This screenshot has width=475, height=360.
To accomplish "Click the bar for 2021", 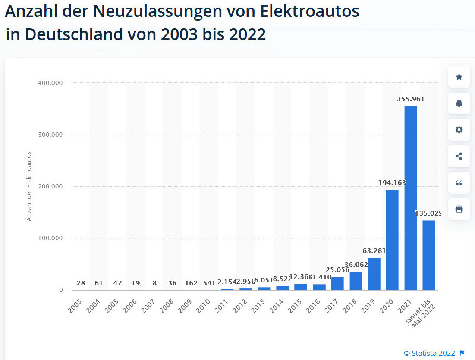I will point(410,198).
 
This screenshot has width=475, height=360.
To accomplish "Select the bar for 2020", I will point(392,240).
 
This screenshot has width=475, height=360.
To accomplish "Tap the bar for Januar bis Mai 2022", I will point(429,255).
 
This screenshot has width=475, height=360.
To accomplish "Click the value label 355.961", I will point(410,99).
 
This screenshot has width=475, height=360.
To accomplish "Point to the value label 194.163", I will point(392,183).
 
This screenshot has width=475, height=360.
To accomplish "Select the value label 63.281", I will point(374,251).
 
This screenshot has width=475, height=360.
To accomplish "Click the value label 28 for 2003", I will point(81,283).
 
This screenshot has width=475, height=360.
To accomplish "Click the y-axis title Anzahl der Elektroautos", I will point(29,186).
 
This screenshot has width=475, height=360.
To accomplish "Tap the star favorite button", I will point(459,77).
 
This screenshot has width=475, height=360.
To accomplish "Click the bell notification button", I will point(459,103).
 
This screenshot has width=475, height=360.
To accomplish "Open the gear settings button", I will point(459,130).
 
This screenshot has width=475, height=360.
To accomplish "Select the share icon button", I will point(459,157).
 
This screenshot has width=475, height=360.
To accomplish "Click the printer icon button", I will point(459,209).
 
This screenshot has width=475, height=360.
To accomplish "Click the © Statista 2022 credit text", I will point(429,353).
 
